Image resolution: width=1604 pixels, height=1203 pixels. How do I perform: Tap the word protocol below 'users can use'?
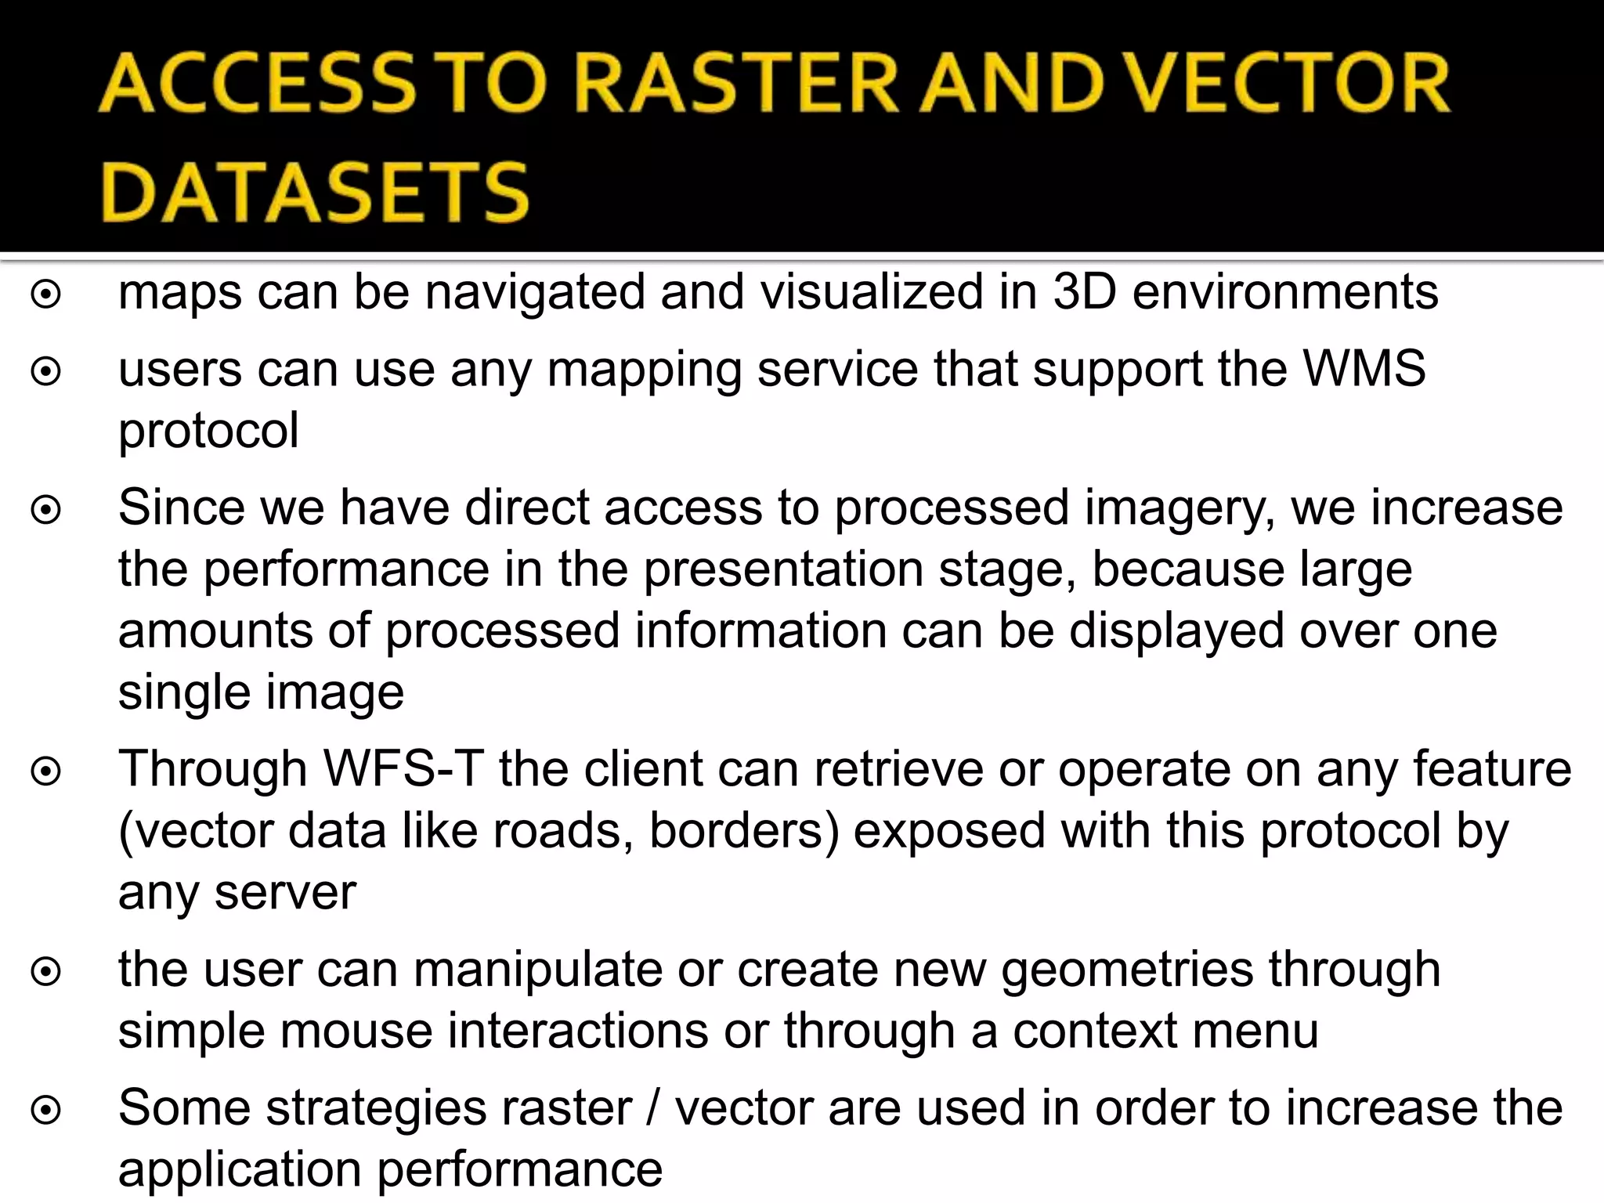(x=208, y=430)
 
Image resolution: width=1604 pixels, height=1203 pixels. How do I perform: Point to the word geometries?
(x=1128, y=969)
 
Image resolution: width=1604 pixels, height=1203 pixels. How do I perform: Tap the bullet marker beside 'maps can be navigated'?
(x=46, y=294)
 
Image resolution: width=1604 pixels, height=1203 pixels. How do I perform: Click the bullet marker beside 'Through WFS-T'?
(x=46, y=772)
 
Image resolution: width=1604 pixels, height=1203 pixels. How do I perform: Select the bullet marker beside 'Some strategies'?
(x=46, y=1111)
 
